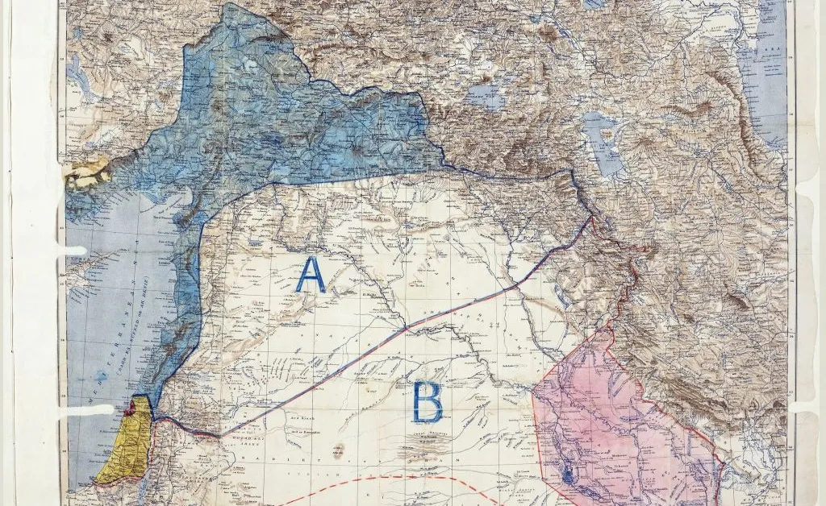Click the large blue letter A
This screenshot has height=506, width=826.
pyautogui.click(x=311, y=275)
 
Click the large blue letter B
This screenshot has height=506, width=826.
pyautogui.click(x=428, y=402)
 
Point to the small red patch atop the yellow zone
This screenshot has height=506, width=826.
pyautogui.click(x=133, y=404)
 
